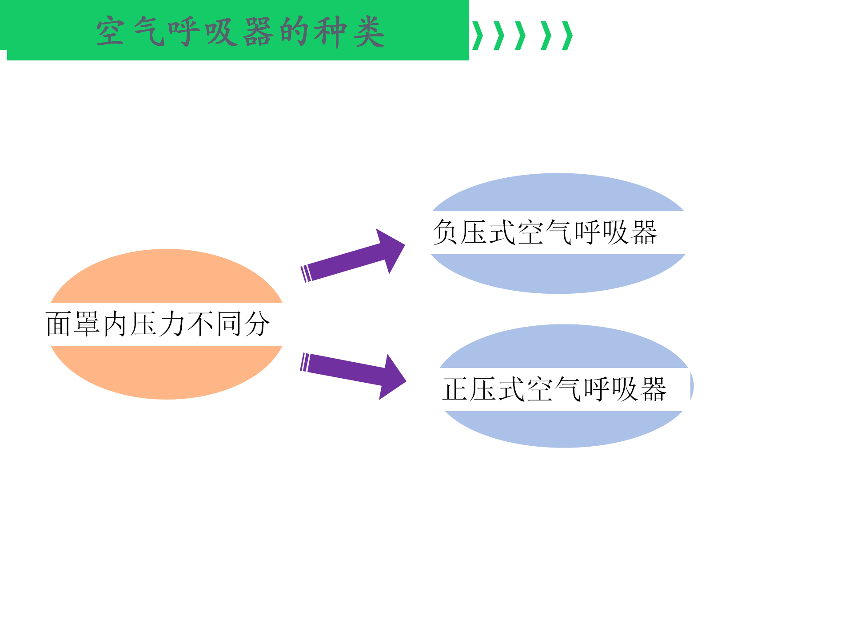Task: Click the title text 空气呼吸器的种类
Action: coord(240,32)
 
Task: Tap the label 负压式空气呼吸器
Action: coord(545,232)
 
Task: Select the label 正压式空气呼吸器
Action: coord(554,389)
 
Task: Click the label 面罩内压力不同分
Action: coord(158,324)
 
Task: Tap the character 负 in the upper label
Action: coord(446,232)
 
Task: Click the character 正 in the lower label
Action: coord(455,389)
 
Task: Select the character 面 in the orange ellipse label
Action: coord(59,324)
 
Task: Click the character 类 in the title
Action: coord(369,32)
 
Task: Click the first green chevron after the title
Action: coord(478,36)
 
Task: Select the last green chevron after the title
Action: coord(568,36)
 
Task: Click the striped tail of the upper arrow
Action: coord(306,274)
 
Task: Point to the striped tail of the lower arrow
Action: coord(305,362)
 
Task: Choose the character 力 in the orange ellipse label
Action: coord(172,324)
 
